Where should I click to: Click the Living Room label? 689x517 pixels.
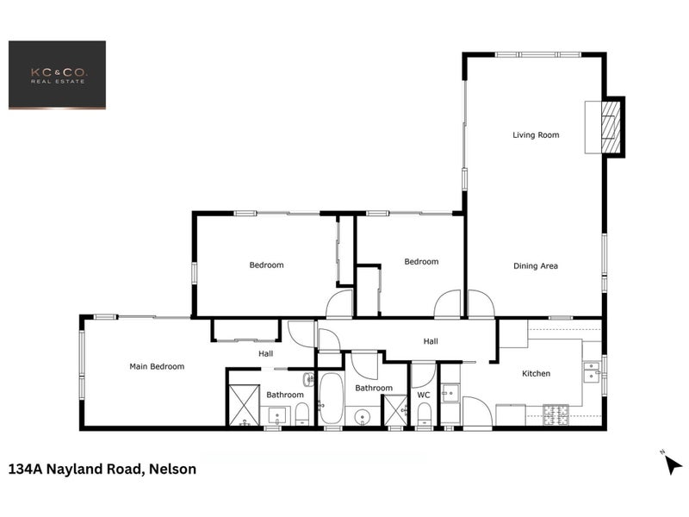click(536, 135)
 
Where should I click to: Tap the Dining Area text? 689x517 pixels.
click(536, 266)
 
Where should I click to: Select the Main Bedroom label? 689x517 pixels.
click(157, 366)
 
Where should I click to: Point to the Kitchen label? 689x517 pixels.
click(536, 373)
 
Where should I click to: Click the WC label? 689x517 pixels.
click(423, 396)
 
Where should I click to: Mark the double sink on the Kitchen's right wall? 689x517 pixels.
click(592, 371)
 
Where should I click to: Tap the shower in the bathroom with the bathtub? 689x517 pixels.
click(394, 410)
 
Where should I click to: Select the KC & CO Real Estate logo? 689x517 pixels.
click(57, 75)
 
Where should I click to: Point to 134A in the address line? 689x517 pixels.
click(27, 470)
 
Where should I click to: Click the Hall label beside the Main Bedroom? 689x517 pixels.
click(266, 353)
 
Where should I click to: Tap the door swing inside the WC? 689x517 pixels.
click(422, 374)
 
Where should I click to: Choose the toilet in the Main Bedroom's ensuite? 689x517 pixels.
click(301, 417)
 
